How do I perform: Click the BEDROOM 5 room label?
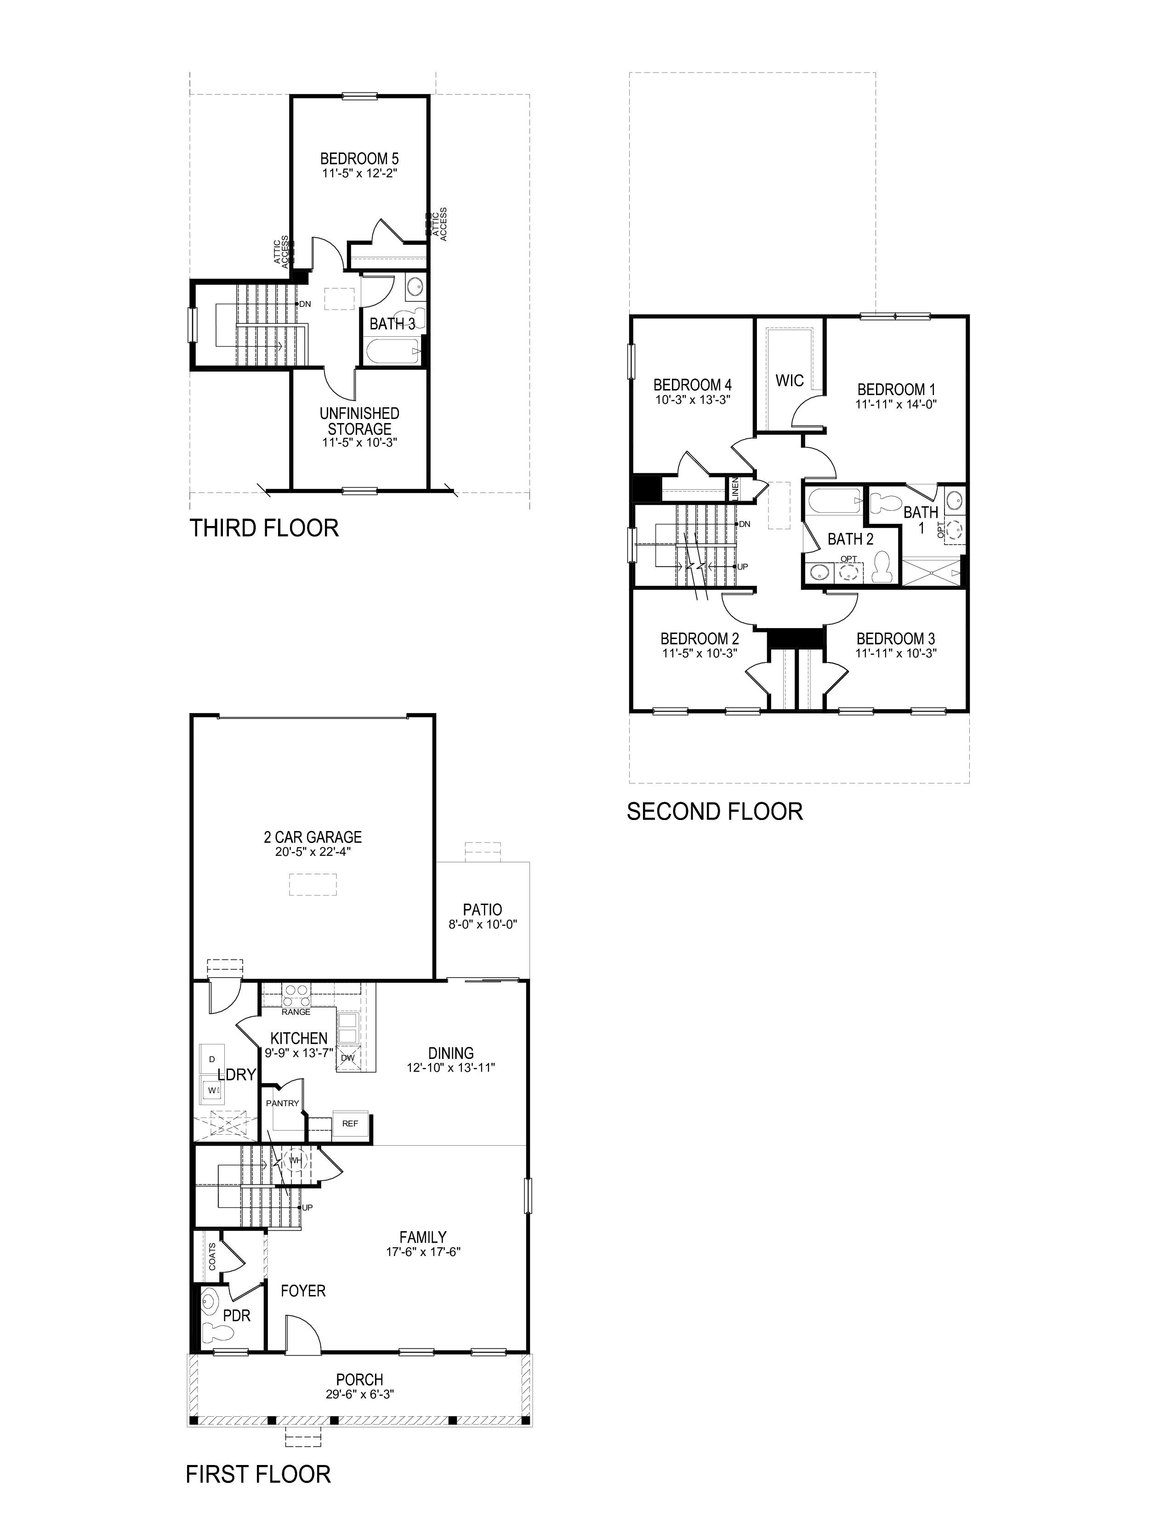pos(359,159)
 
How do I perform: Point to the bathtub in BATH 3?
pos(393,351)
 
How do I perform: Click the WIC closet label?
pos(790,380)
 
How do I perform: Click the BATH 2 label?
pos(850,539)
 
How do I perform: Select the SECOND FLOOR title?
pos(714,811)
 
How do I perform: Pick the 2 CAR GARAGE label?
pos(313,837)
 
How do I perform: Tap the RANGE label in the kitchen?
pos(296,1012)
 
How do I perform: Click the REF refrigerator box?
pos(350,1123)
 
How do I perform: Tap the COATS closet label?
pos(212,1256)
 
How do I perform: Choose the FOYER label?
pos(303,1290)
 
